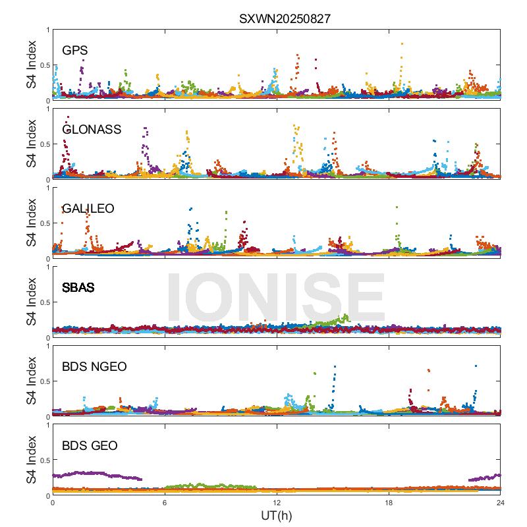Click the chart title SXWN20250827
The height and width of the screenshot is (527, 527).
[x=284, y=19]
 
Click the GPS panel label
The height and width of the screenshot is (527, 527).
[x=75, y=51]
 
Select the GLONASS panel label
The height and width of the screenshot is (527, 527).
[x=92, y=130]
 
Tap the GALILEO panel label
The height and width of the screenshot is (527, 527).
[x=88, y=209]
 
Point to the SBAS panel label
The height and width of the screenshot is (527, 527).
[x=78, y=288]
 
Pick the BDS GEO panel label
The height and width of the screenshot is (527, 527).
[x=90, y=446]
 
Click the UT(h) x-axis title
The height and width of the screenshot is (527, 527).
[x=276, y=515]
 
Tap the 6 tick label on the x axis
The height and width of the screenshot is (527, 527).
[x=165, y=503]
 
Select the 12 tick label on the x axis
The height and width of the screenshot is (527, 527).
[x=277, y=503]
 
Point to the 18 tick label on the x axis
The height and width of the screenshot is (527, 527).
[x=389, y=503]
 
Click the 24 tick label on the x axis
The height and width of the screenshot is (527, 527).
[x=501, y=503]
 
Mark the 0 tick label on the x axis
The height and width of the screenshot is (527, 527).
[x=53, y=503]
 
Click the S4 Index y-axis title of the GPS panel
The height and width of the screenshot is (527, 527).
[x=31, y=65]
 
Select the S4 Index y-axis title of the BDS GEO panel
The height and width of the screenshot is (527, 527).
[x=31, y=460]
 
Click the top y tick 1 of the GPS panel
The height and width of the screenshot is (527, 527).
[x=47, y=30]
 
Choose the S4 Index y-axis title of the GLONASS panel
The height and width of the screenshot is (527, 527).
[x=31, y=144]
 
